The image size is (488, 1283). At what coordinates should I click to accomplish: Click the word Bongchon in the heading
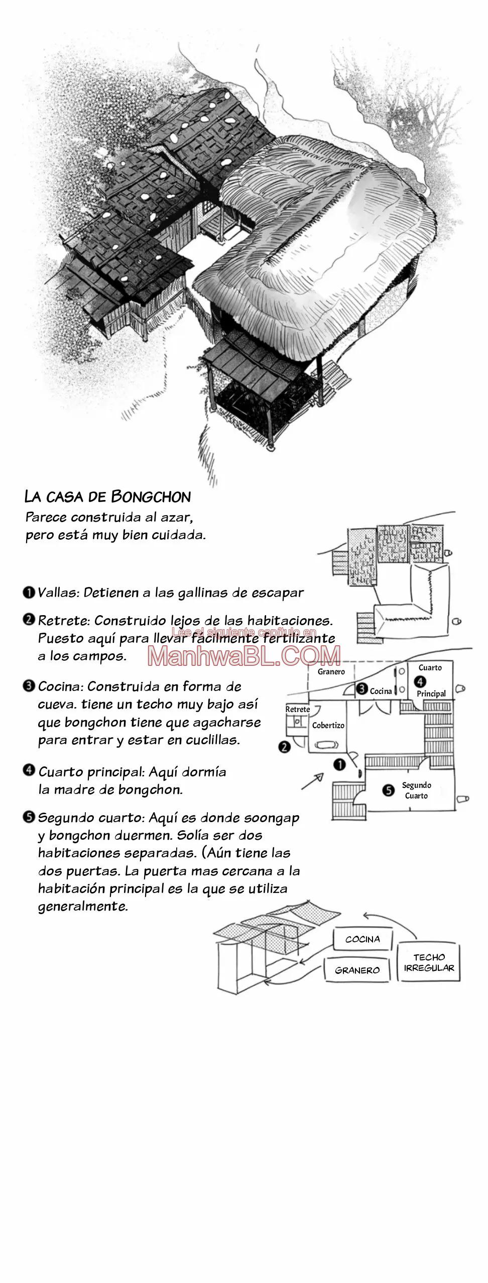151,497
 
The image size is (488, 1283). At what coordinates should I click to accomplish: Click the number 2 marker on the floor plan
284,747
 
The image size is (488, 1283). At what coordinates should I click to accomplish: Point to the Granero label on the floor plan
331,671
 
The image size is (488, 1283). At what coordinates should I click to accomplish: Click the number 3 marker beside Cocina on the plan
362,689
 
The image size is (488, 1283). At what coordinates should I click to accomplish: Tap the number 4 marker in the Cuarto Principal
421,681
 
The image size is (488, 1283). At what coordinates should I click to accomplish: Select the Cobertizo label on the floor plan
328,725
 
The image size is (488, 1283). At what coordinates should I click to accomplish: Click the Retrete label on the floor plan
298,709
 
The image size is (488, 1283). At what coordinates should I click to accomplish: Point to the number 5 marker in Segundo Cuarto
388,791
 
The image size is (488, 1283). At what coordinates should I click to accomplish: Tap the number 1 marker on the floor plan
339,765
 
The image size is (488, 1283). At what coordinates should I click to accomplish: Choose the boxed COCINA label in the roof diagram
362,939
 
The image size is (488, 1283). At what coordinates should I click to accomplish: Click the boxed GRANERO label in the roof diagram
357,970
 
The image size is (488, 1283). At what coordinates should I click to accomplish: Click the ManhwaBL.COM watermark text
245,655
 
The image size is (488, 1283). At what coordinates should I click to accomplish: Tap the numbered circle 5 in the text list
29,818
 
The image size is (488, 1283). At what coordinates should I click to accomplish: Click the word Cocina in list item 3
60,686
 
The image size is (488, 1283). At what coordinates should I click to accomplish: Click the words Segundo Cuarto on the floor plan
416,790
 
